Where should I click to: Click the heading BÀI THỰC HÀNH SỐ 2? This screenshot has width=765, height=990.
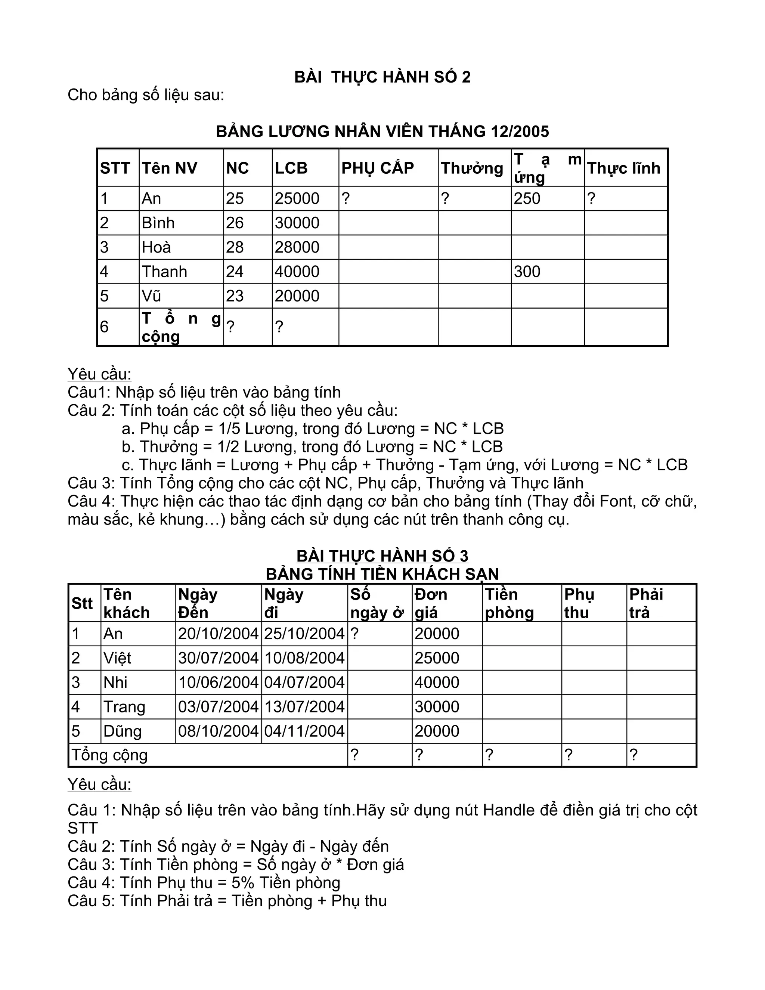point(382,77)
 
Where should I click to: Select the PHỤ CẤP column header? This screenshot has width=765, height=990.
point(378,168)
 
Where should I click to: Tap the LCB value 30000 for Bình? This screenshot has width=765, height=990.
point(297,223)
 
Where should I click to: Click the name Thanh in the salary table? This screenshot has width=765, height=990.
point(164,272)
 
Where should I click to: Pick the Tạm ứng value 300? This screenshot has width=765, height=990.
point(527,272)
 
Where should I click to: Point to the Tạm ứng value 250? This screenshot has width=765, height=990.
point(527,198)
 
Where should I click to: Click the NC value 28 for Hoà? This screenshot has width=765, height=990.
point(235,247)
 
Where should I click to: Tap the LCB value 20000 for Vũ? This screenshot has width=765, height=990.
point(297,296)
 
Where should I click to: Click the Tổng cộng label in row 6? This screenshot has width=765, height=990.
point(180,327)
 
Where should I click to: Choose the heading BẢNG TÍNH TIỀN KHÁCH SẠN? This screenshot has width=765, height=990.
point(382,574)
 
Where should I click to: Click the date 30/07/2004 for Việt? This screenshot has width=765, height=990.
point(218,658)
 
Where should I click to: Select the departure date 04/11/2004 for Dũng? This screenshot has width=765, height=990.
point(304,731)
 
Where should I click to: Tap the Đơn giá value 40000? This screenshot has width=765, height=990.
point(436,683)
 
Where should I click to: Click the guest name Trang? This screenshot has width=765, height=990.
point(124,707)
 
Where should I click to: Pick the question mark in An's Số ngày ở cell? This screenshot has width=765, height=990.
point(354,634)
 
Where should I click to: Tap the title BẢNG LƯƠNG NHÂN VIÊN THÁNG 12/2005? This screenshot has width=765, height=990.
point(382,132)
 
